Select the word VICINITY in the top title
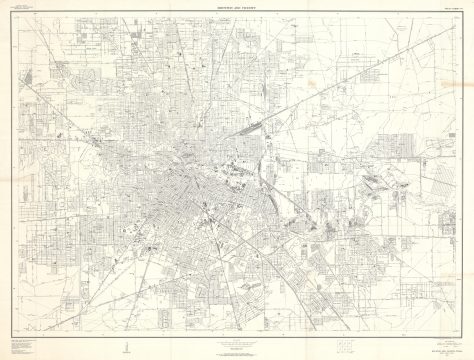pos(251,8)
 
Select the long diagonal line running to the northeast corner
pos(400,60)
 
